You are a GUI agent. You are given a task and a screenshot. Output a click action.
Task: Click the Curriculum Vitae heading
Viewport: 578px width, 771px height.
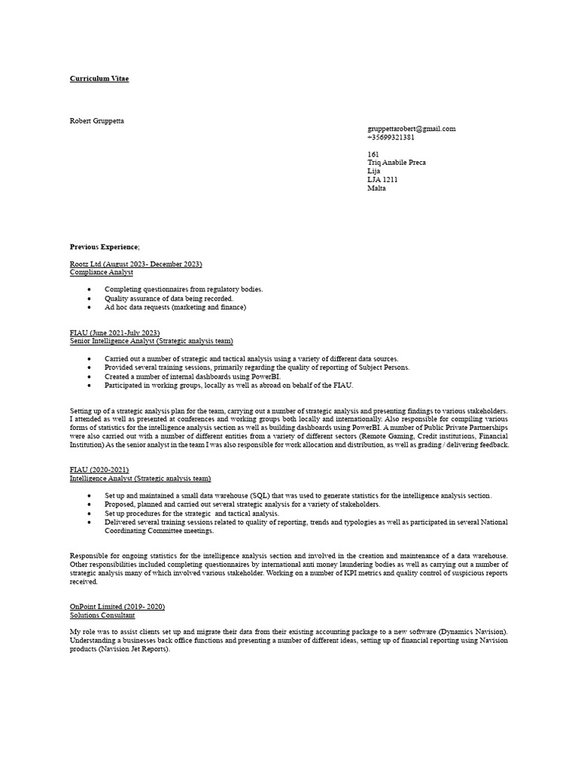pos(99,79)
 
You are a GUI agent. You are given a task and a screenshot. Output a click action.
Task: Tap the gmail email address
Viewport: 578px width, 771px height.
pos(411,129)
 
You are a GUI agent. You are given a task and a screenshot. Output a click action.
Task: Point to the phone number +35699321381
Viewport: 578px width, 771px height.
pos(391,138)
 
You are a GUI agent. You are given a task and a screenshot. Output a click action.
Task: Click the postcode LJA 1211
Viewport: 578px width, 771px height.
pos(382,180)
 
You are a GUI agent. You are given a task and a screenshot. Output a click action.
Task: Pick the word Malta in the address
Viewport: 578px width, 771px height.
pos(376,188)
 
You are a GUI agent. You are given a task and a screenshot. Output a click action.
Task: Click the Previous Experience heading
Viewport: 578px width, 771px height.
pos(104,247)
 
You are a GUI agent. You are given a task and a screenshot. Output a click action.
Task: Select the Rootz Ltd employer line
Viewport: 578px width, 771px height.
pos(135,264)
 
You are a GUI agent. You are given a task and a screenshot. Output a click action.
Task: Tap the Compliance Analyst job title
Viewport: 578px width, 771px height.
pos(102,273)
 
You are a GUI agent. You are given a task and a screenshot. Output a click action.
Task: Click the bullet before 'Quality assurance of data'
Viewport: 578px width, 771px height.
pos(90,298)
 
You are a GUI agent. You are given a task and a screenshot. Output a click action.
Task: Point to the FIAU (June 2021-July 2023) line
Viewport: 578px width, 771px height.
pos(114,333)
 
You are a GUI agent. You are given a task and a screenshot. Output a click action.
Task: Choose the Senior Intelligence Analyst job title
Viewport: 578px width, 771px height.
pos(151,341)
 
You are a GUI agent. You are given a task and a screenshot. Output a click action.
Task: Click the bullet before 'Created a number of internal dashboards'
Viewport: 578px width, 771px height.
pos(90,376)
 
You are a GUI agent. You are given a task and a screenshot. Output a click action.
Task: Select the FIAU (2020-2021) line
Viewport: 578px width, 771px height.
pos(99,470)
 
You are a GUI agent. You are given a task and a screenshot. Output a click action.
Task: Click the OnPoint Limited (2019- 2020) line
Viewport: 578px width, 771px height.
pos(117,607)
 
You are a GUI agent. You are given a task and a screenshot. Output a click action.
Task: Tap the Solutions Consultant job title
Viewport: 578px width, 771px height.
pos(102,615)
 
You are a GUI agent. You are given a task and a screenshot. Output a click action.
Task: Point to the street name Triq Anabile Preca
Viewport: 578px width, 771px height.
pos(397,163)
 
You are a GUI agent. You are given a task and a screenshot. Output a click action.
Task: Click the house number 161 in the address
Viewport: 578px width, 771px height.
pos(373,154)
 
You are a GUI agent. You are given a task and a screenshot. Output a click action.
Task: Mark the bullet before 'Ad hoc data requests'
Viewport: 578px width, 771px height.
pos(90,307)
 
